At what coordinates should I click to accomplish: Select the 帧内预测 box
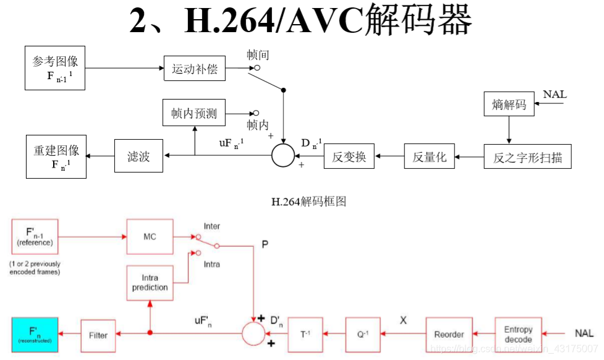pyautogui.click(x=194, y=113)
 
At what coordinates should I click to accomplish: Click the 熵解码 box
pyautogui.click(x=509, y=104)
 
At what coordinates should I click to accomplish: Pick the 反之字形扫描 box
pyautogui.click(x=527, y=156)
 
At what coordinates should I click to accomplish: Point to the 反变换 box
pyautogui.click(x=349, y=156)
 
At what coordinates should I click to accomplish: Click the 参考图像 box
pyautogui.click(x=55, y=68)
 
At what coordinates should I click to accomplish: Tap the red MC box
pyautogui.click(x=150, y=236)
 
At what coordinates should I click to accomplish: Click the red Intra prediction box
pyautogui.click(x=150, y=283)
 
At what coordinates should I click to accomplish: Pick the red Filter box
pyautogui.click(x=98, y=335)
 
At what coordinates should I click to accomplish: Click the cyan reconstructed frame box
pyautogui.click(x=35, y=335)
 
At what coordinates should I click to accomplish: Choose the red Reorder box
pyautogui.click(x=449, y=335)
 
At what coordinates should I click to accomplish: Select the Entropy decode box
pyautogui.click(x=518, y=335)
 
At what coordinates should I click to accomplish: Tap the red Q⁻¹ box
pyautogui.click(x=363, y=335)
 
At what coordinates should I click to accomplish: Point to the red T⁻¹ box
pyautogui.click(x=305, y=335)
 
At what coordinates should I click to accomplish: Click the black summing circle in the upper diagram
pyautogui.click(x=284, y=155)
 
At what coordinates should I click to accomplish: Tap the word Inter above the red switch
pyautogui.click(x=211, y=226)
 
